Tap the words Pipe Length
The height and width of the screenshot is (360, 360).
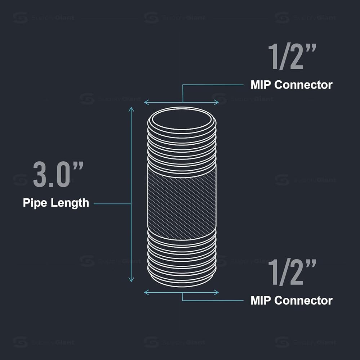[x=56, y=203]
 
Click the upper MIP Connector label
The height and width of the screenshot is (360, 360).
[x=291, y=85]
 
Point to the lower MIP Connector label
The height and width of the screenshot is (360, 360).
[x=291, y=300]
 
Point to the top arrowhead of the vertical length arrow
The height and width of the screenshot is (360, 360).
[x=132, y=109]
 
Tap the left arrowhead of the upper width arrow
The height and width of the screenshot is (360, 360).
[x=146, y=102]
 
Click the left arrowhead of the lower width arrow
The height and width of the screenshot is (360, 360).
[x=146, y=292]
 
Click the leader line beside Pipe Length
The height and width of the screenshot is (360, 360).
[x=112, y=204]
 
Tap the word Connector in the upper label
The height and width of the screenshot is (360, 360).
[x=303, y=85]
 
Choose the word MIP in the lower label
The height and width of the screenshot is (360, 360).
[x=261, y=300]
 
